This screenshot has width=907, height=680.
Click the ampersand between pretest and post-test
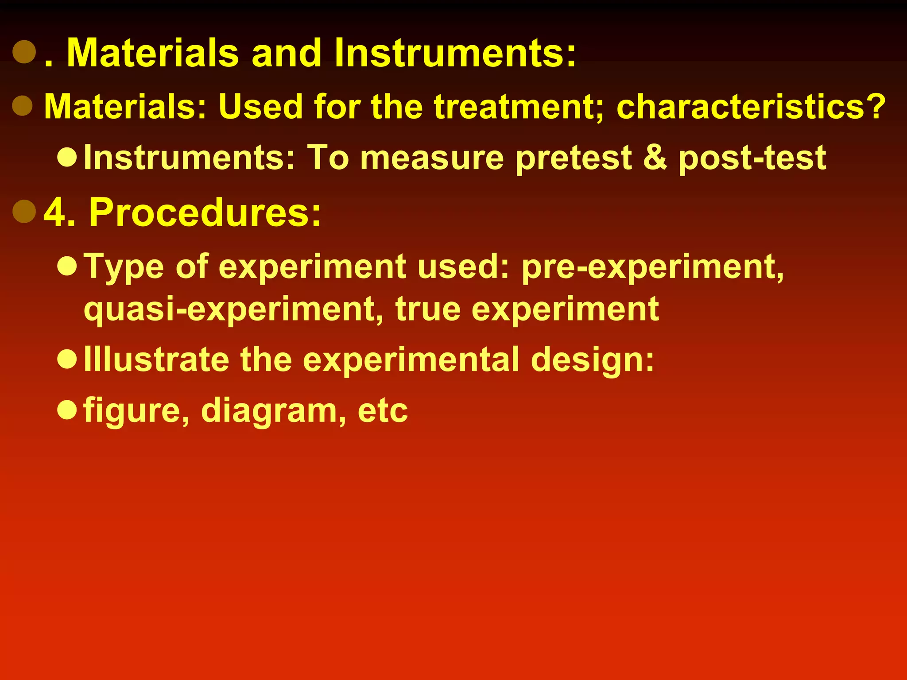[655, 158]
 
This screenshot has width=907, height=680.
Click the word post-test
[752, 158]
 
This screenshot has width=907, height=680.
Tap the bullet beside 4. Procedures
[24, 211]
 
